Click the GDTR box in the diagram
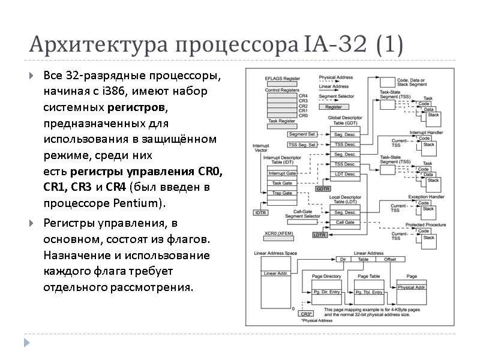323,188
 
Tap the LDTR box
320,235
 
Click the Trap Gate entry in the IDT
281,193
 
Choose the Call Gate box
344,223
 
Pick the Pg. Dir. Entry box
327,292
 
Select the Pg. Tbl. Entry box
368,292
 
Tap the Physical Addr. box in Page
412,287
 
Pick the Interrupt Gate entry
281,173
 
